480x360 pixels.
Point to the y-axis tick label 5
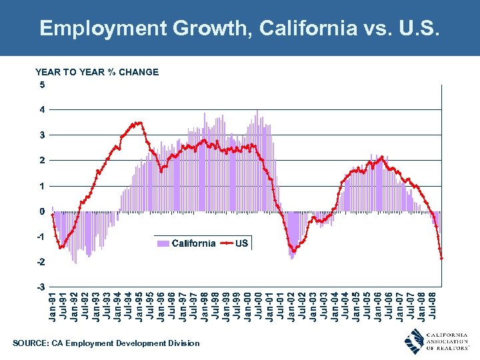pos(41,85)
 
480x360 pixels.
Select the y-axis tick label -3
pos(40,287)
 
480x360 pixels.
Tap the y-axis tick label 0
pos(41,211)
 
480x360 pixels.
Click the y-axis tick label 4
pos(41,109)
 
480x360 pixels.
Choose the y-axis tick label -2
pos(40,262)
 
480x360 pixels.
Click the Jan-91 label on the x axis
pos(53,304)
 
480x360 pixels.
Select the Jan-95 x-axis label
pos(140,304)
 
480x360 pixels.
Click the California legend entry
pos(193,243)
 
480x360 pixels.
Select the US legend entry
pos(241,243)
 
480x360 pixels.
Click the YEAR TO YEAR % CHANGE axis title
pos(97,72)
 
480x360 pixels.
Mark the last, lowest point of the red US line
pos(441,258)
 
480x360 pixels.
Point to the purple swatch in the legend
pos(162,243)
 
